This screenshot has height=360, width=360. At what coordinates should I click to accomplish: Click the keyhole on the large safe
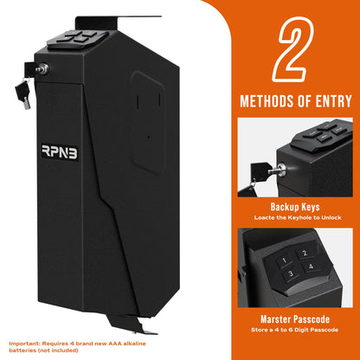41,68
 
